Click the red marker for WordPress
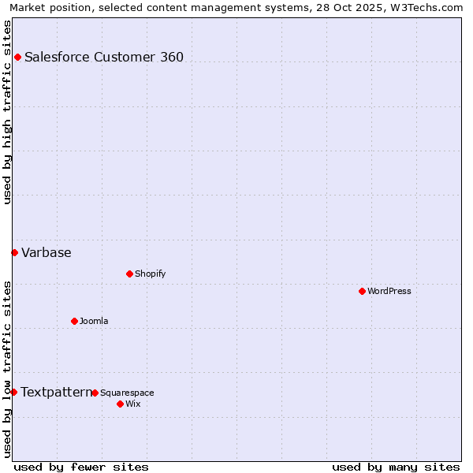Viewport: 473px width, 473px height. (x=362, y=291)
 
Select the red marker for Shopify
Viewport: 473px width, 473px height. (x=129, y=274)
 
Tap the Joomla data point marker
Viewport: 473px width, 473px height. (x=74, y=321)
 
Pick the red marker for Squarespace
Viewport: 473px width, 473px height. (x=95, y=393)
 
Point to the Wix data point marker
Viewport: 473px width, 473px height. (x=120, y=404)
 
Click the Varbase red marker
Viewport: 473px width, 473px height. (x=14, y=252)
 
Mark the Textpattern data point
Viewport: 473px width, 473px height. (x=13, y=392)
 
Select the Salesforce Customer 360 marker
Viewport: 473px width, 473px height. (x=17, y=57)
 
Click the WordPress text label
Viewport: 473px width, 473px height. (x=389, y=291)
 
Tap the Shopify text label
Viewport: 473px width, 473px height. (x=151, y=274)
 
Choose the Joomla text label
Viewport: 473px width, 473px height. (x=94, y=321)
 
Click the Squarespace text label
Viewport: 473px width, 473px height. (x=127, y=393)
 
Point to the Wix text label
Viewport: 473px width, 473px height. (x=132, y=404)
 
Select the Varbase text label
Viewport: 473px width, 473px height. (x=47, y=252)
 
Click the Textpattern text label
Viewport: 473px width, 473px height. (x=56, y=392)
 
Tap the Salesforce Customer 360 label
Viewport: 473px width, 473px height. (x=104, y=57)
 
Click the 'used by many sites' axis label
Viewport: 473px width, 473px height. (x=396, y=467)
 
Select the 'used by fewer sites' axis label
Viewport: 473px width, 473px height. (x=81, y=467)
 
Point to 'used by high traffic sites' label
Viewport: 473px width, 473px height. (x=7, y=112)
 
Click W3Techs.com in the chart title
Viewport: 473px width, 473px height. (x=430, y=7)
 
